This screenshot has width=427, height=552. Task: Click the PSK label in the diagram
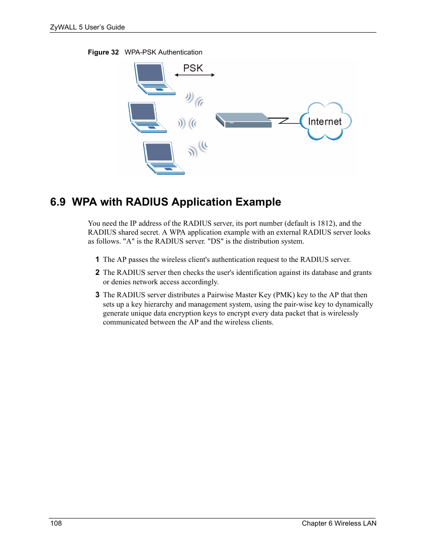point(193,68)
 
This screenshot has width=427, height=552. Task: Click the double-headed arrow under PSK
point(195,75)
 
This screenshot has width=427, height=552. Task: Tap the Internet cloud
point(325,121)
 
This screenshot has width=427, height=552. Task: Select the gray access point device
point(243,121)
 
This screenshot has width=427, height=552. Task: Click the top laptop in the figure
point(153,79)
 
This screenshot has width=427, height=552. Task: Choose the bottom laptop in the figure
point(162,158)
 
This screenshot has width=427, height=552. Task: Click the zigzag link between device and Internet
point(286,121)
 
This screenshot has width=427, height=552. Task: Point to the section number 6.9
point(58,202)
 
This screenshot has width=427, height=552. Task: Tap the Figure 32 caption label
point(103,52)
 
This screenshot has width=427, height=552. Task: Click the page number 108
point(56,523)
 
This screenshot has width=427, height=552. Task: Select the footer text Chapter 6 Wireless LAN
point(339,523)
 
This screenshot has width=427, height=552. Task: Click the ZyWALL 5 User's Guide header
point(87,27)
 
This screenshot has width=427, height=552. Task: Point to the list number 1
point(97,260)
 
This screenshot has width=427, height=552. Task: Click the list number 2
point(97,273)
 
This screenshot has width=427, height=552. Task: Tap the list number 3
point(97,295)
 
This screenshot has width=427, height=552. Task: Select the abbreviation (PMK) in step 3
point(284,295)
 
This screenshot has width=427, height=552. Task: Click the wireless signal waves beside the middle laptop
point(187,123)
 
